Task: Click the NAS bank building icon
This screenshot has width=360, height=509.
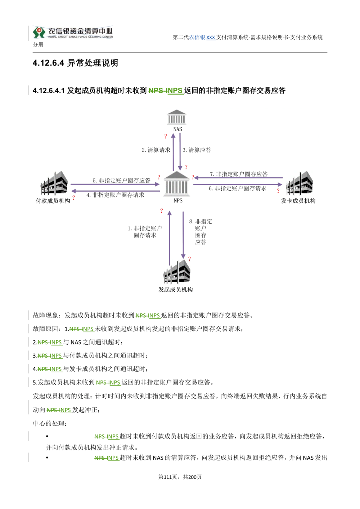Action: tap(176, 117)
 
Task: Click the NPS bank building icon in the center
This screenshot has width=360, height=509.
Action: tap(177, 184)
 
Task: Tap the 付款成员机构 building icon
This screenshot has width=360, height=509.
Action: tap(54, 183)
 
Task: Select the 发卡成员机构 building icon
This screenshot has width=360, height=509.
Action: tap(300, 183)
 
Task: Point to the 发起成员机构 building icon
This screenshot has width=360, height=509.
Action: tap(177, 272)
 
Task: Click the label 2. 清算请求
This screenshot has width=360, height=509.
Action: tap(156, 150)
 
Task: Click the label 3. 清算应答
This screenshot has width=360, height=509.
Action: tap(197, 150)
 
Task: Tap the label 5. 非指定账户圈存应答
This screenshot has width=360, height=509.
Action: tap(121, 181)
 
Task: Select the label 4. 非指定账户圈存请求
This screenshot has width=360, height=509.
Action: tap(115, 195)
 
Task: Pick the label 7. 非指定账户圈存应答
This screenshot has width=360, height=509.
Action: tap(239, 174)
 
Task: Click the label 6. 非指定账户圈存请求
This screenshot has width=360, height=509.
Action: tap(238, 188)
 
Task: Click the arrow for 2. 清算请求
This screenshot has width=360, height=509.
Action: tap(173, 152)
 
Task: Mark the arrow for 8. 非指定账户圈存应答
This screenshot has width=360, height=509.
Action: tap(183, 235)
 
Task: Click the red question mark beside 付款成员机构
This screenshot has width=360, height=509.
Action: tap(74, 197)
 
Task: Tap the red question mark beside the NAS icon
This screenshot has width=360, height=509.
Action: tap(166, 136)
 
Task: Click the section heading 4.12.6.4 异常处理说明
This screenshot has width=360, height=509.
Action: tap(75, 63)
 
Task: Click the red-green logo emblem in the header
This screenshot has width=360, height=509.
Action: tap(39, 32)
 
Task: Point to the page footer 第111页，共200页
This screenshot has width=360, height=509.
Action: tap(180, 477)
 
